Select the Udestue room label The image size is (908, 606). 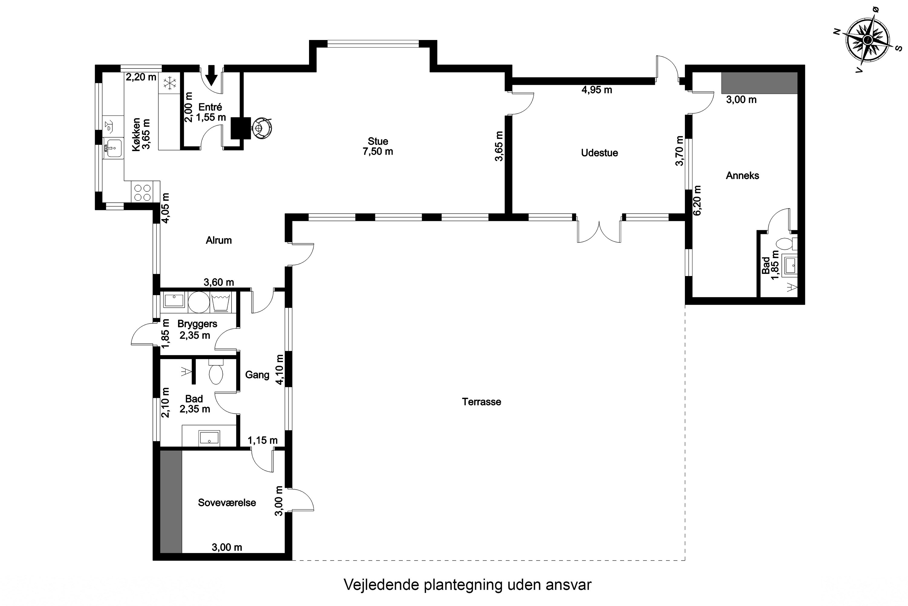[599, 153]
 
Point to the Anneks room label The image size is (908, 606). [742, 176]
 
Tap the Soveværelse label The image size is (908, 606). [227, 502]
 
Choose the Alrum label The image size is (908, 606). [219, 240]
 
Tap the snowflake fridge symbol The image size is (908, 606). [170, 83]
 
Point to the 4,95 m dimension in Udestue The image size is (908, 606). [597, 90]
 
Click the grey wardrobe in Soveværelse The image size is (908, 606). [171, 501]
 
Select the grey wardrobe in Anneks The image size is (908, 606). [759, 83]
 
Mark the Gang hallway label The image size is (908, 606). [257, 375]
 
